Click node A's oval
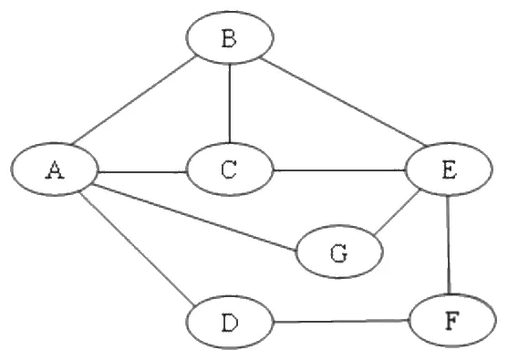[54, 170]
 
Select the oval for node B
[230, 37]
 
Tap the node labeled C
[230, 170]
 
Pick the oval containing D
[230, 322]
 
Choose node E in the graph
[450, 169]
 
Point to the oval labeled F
[452, 320]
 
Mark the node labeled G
[339, 252]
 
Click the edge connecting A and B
[133, 100]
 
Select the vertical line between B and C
[230, 103]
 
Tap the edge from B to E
[345, 101]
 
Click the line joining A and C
[142, 171]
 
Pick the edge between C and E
[339, 170]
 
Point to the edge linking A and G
[194, 218]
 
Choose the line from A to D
[138, 249]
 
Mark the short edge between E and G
[397, 212]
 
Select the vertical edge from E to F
[449, 244]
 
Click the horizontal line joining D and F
[341, 322]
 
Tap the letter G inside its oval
[339, 252]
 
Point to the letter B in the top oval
[230, 38]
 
